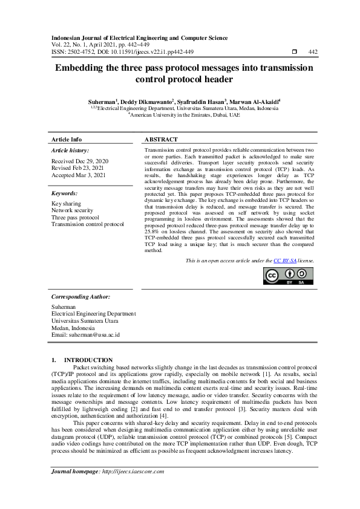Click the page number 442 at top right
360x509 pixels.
[x=313, y=52]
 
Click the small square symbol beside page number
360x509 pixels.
[x=294, y=52]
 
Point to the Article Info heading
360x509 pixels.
[x=67, y=139]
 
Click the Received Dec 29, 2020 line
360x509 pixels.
[x=80, y=161]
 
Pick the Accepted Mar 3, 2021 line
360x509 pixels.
[x=77, y=176]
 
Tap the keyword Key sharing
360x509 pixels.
[x=66, y=204]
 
